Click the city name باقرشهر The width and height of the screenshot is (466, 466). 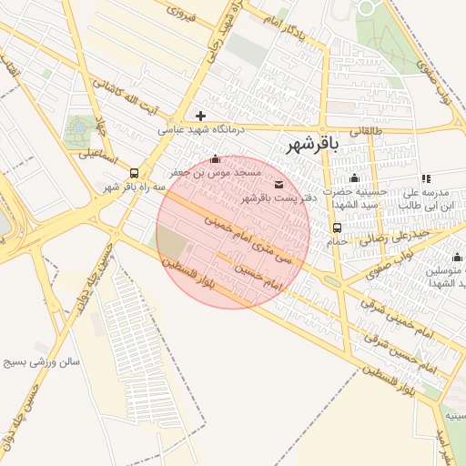[x=312, y=144]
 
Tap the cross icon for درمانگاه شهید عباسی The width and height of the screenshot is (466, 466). [x=200, y=116]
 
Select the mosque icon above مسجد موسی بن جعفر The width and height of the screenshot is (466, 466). [x=215, y=159]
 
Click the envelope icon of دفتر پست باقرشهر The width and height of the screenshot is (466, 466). [x=278, y=185]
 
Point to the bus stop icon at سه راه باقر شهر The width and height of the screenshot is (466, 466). [x=135, y=172]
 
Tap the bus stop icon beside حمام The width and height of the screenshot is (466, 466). [x=338, y=228]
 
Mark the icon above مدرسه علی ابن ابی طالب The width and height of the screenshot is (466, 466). [x=426, y=178]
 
